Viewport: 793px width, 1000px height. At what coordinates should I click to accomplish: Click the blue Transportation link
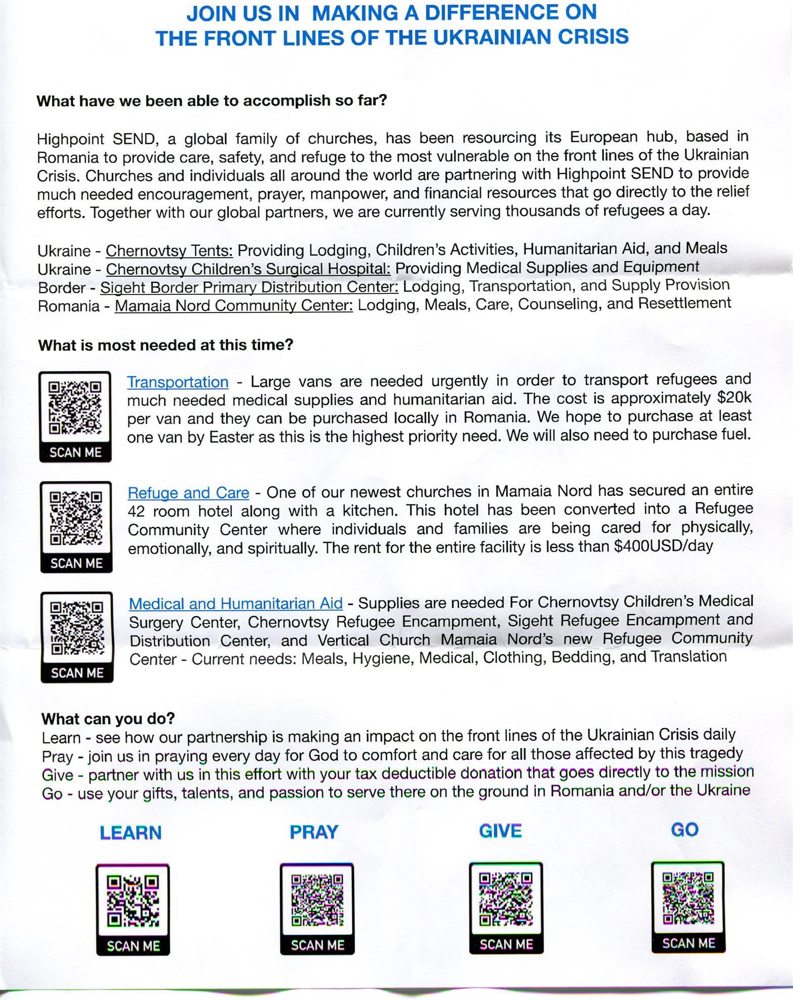(177, 382)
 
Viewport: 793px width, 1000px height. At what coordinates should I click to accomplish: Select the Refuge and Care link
(188, 492)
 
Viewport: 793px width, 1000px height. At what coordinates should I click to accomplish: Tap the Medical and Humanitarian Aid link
(236, 604)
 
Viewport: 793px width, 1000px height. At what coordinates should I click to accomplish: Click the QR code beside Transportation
(75, 408)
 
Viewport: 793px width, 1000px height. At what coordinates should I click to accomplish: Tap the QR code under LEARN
(133, 901)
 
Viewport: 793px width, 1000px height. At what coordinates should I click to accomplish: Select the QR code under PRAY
(317, 899)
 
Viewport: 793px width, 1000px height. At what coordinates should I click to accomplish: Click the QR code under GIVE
(506, 899)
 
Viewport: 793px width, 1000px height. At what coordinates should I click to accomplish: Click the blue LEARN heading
(131, 833)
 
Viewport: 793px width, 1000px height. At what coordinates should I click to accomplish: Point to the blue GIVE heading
(500, 831)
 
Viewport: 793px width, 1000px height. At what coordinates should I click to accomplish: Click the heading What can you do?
(108, 718)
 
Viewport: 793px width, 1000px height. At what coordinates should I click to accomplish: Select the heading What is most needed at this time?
(166, 345)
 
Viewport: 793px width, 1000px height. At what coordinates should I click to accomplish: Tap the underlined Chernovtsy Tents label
(169, 251)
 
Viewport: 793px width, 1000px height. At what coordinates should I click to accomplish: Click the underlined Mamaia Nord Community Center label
(234, 306)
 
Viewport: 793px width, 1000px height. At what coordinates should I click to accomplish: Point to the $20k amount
(734, 398)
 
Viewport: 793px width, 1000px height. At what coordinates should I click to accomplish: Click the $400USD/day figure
(663, 546)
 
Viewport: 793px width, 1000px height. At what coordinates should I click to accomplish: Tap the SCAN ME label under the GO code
(689, 943)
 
